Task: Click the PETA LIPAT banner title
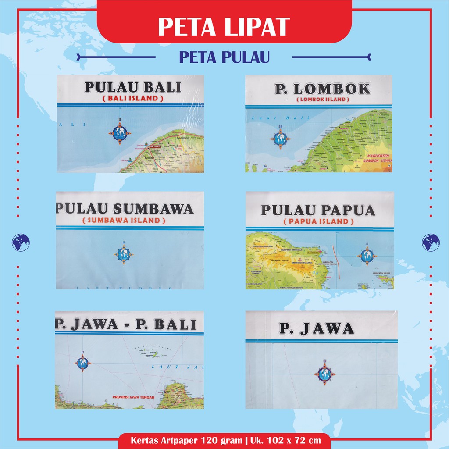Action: click(x=224, y=26)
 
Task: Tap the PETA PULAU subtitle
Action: click(x=224, y=57)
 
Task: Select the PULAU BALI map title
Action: click(x=132, y=87)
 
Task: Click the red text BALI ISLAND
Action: click(x=133, y=99)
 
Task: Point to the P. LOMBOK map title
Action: click(x=322, y=89)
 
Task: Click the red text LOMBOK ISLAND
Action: click(x=323, y=100)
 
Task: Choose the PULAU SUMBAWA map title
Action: click(x=125, y=209)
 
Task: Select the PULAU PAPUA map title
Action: click(x=318, y=210)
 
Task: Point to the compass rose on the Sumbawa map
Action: click(x=123, y=254)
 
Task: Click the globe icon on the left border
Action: click(x=21, y=242)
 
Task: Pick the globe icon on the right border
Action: click(x=431, y=242)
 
